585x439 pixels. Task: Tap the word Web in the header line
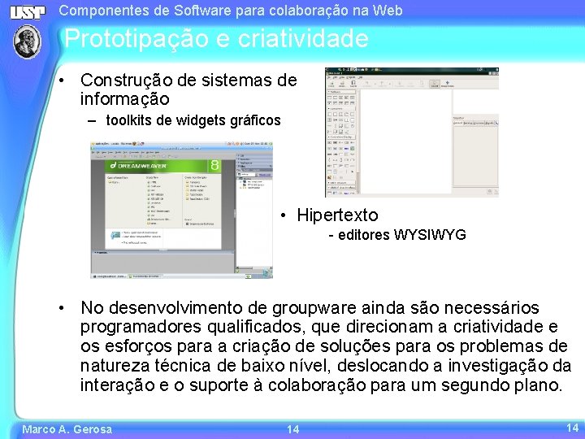click(388, 11)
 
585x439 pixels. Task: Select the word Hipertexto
click(337, 215)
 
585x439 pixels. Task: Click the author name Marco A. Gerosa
click(67, 428)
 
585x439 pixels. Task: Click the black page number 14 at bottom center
click(292, 428)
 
